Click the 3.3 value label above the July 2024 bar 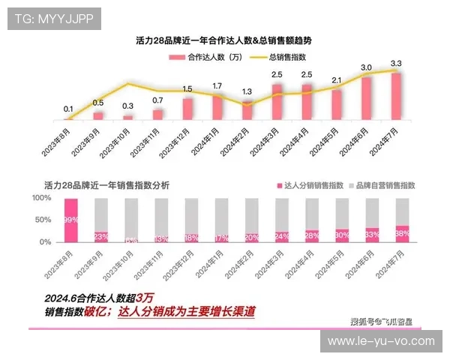click(396, 63)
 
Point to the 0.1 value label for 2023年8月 click(68, 109)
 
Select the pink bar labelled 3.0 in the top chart click(366, 97)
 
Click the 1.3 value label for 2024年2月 click(247, 91)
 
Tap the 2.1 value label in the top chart click(336, 80)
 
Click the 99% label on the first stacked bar click(70, 220)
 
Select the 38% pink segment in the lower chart click(403, 233)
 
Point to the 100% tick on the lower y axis click(41, 198)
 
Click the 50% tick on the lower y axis click(43, 220)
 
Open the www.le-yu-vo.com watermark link click(382, 341)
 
